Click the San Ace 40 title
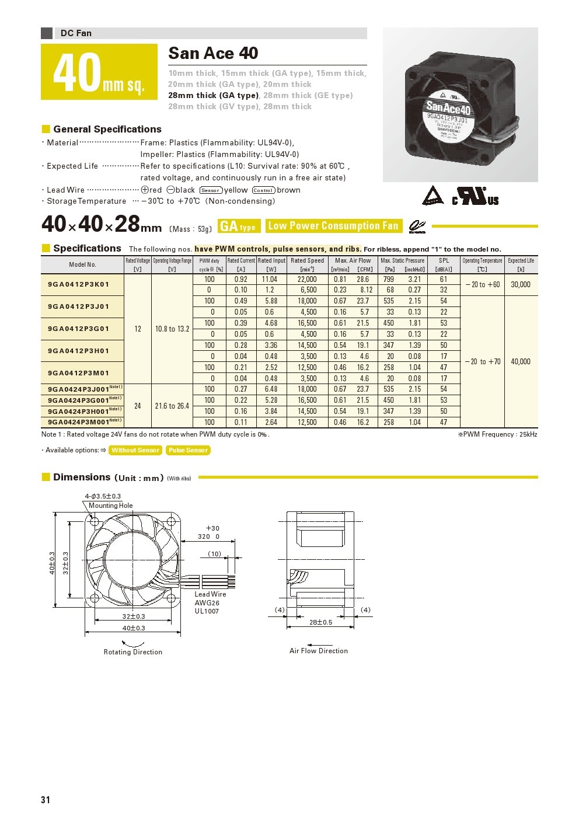(x=213, y=53)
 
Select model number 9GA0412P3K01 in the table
(x=78, y=284)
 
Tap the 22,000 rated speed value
(x=307, y=279)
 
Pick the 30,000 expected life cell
(x=521, y=284)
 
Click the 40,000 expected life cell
(x=521, y=361)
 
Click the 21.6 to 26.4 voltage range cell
(x=172, y=406)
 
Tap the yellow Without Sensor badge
(x=135, y=450)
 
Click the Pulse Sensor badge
(x=188, y=450)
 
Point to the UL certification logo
(x=476, y=196)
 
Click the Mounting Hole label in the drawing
(x=110, y=506)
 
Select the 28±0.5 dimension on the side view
(x=320, y=622)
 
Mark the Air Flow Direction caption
(x=319, y=651)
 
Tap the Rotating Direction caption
(x=133, y=652)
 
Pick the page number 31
(x=46, y=800)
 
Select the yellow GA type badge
(x=239, y=226)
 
